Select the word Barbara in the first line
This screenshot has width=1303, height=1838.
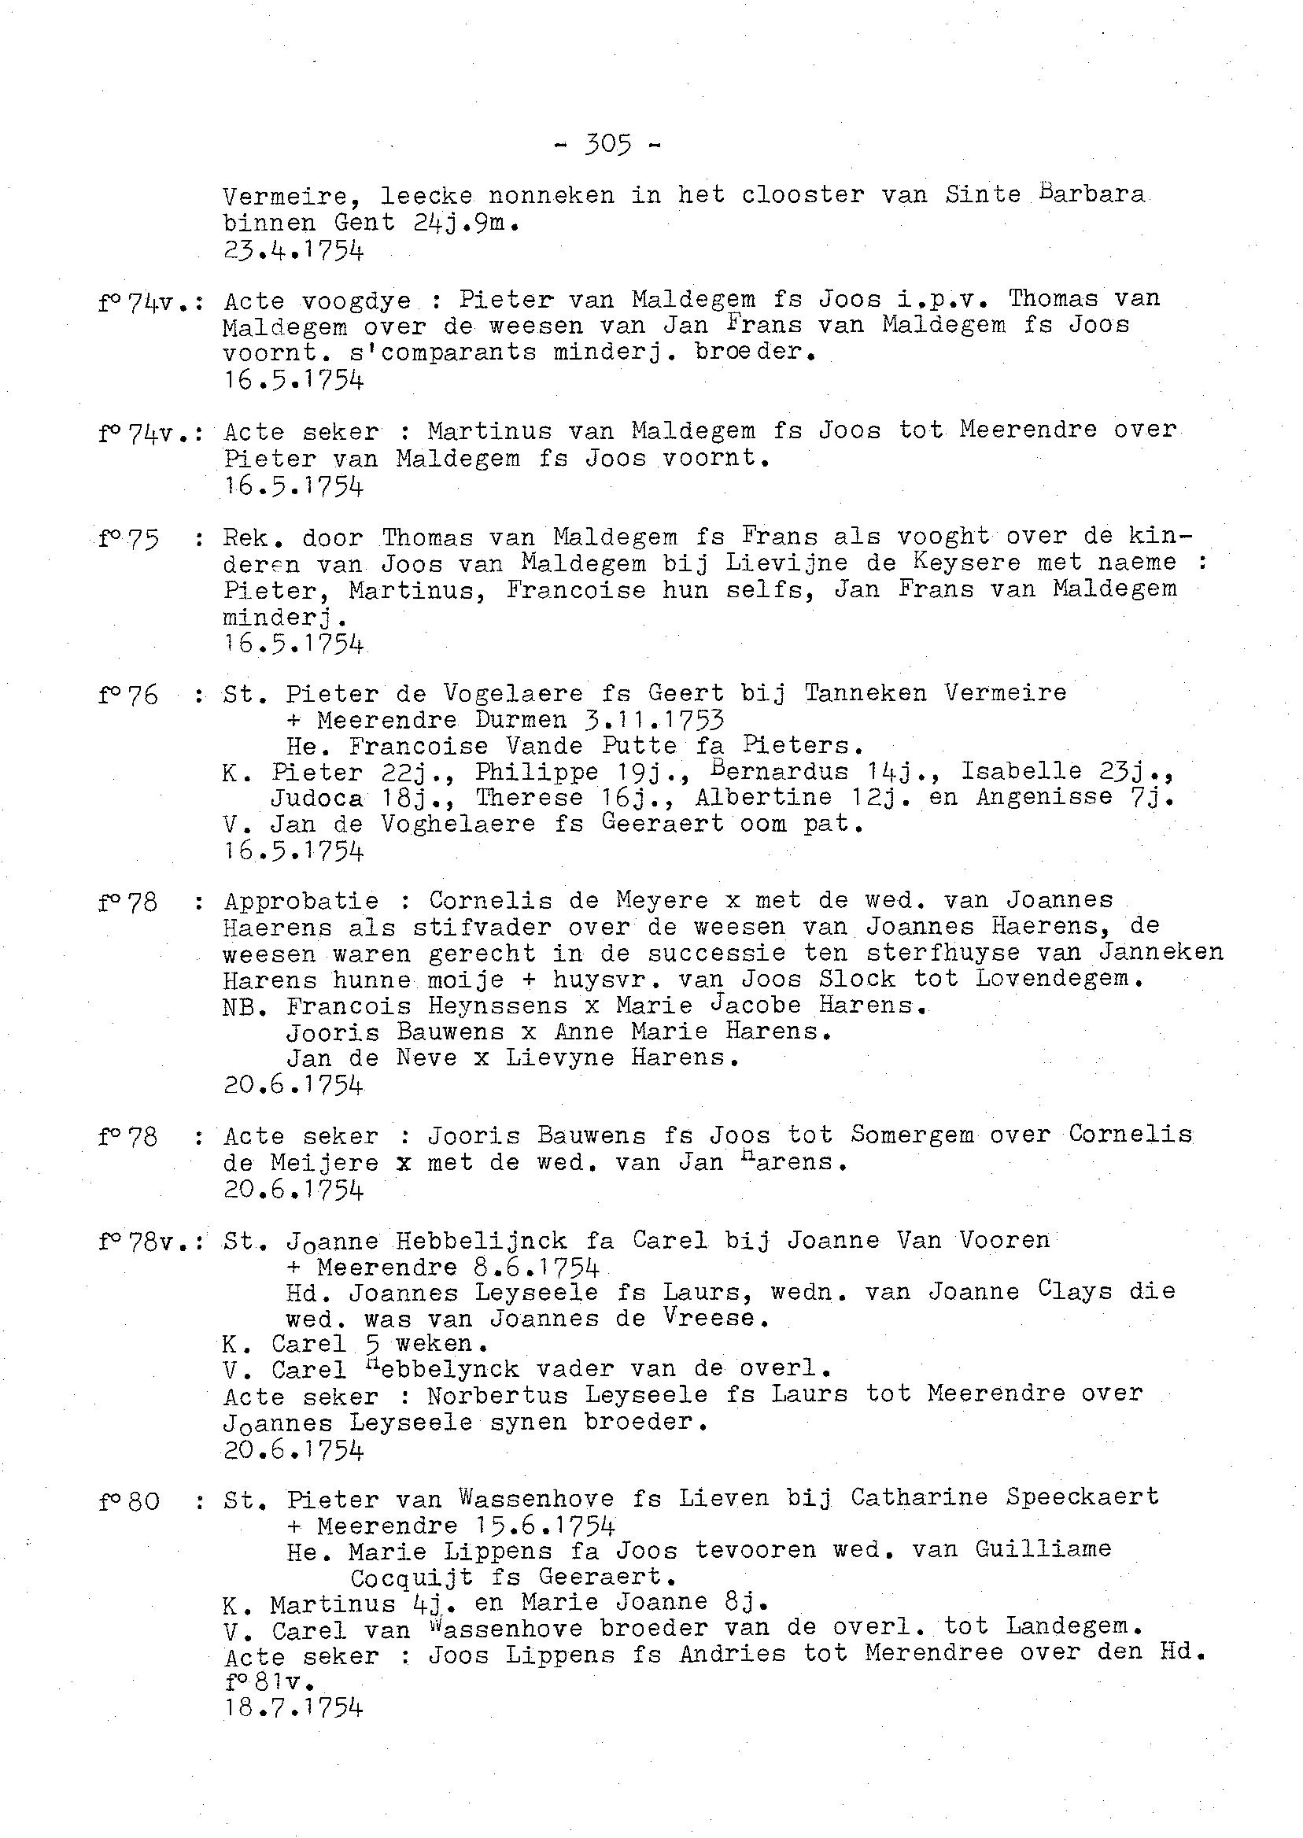[1092, 194]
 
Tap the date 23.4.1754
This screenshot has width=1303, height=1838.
[293, 251]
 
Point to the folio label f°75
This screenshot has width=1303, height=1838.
[128, 538]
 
